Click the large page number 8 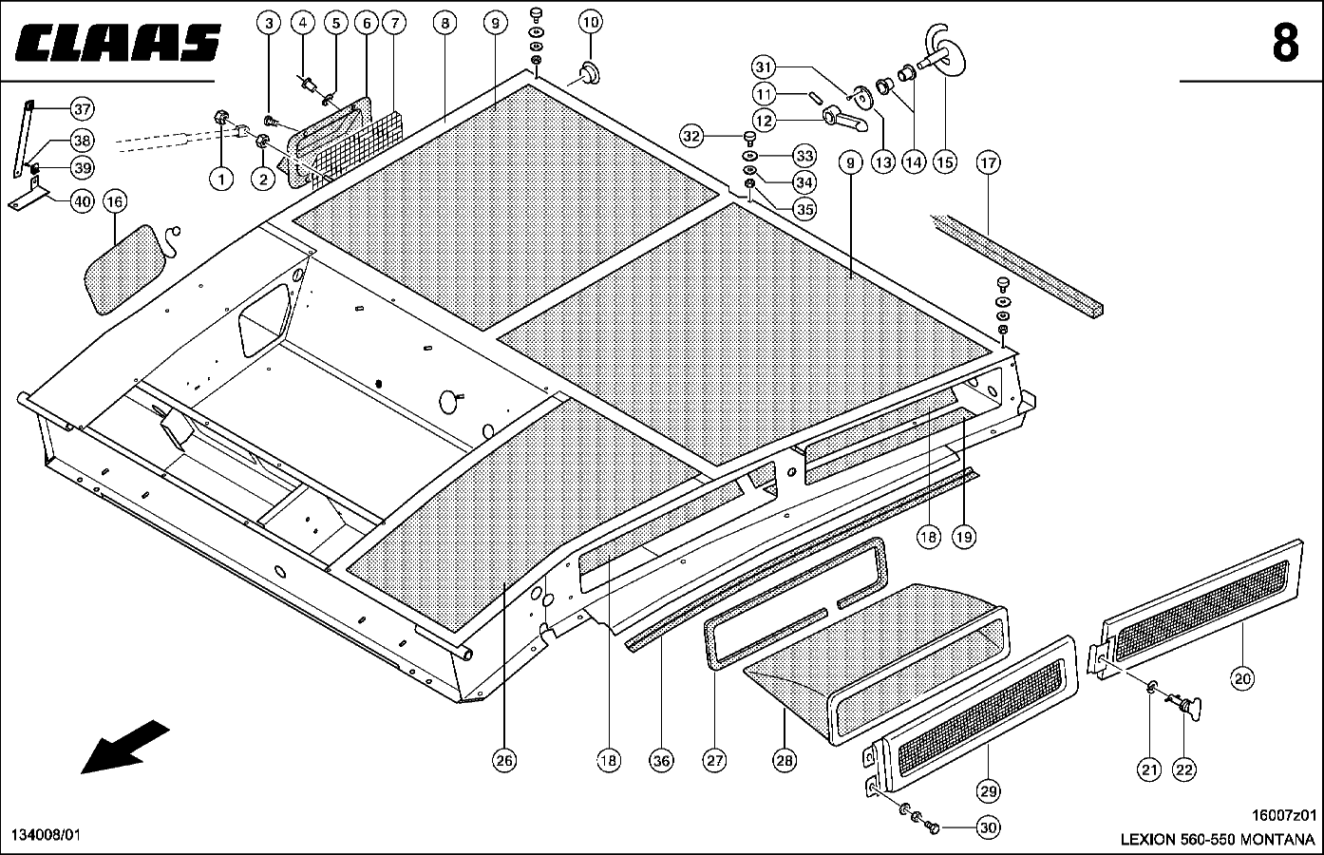(1284, 43)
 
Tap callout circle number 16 (115, 202)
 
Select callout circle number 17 (988, 163)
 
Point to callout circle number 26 (504, 760)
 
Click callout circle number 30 (988, 828)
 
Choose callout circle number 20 (1242, 678)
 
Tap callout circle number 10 (590, 21)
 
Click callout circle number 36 (661, 760)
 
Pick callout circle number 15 (944, 162)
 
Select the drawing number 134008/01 (46, 834)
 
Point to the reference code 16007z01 (1286, 815)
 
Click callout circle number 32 (692, 137)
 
